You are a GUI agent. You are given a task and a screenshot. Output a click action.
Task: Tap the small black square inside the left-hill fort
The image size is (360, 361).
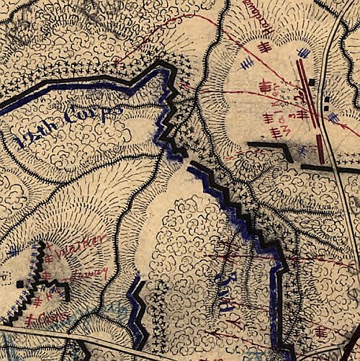pos(19,285)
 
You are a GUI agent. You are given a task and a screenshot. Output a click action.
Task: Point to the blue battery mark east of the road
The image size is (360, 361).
pos(332,115)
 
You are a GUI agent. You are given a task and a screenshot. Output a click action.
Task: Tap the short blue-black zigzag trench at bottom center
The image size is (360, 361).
pos(137,310)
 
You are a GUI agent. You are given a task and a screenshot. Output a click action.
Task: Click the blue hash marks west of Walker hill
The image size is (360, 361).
pos(14,251)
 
